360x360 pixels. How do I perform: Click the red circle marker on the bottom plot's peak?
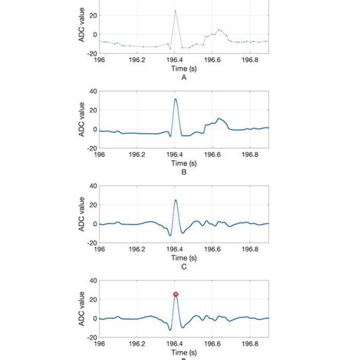tap(175, 294)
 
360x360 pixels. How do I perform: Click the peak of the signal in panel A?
tap(175, 11)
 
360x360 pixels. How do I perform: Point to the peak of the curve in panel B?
tap(175, 99)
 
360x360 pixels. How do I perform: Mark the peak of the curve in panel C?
tap(175, 200)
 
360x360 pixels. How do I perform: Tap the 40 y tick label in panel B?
tap(92, 91)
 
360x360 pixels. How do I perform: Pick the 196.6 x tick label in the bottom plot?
tap(213, 343)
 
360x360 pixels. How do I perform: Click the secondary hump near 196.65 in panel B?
tap(219, 118)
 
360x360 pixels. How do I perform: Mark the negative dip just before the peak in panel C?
tap(169, 235)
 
